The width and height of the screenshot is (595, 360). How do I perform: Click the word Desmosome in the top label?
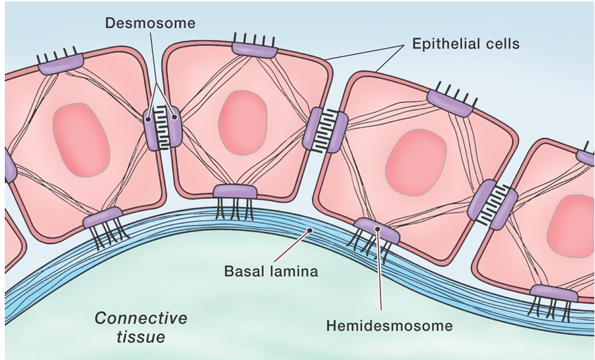tap(150, 23)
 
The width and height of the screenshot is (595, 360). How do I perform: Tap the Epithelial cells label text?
tap(465, 44)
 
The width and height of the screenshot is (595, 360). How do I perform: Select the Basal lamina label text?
tap(271, 272)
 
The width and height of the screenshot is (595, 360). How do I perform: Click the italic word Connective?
tap(141, 318)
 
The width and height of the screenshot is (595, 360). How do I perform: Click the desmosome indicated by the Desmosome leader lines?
tap(163, 128)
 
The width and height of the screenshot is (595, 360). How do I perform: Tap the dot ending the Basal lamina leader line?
tap(310, 231)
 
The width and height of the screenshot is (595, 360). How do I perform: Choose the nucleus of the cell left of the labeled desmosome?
tap(81, 139)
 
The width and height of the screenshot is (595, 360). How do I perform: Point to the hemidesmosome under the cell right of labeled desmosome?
tap(235, 192)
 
